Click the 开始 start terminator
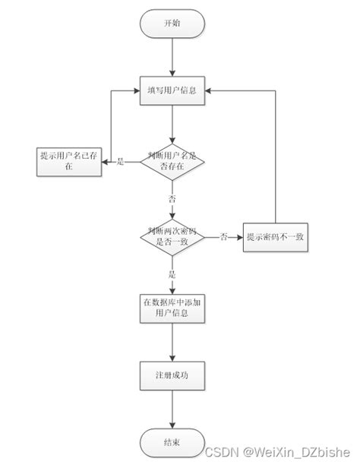coord(173,23)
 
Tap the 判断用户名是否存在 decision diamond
coord(174,160)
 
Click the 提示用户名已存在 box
coord(69,160)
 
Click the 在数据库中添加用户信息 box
coord(174,308)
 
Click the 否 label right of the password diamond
coord(224,236)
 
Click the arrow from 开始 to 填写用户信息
coord(174,56)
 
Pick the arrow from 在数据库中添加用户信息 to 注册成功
coord(174,342)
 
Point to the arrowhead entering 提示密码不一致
coord(239,236)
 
